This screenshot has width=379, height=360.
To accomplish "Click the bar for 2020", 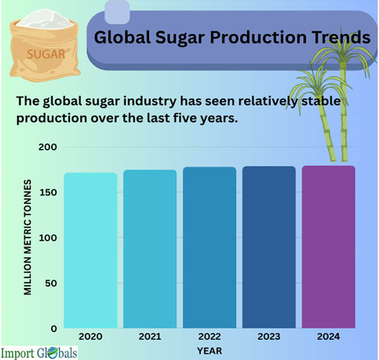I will click(x=90, y=249).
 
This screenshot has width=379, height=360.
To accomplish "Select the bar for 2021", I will click(x=150, y=248).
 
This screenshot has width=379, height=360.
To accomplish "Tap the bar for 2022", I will click(x=210, y=247).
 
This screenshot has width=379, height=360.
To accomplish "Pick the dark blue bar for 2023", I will click(x=269, y=246).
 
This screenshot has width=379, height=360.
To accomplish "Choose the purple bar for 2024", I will click(x=328, y=246).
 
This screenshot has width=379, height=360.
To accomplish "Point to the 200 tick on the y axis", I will click(x=49, y=147).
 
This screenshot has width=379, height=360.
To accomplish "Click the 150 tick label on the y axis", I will click(x=49, y=193).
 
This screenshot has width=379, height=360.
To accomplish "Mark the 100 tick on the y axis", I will click(x=49, y=238).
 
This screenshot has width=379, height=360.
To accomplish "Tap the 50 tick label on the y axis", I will click(x=51, y=283).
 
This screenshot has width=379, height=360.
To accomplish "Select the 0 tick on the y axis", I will click(x=54, y=328).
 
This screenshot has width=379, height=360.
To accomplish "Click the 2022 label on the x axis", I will click(x=210, y=337).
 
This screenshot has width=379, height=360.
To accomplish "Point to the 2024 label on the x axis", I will click(x=328, y=337).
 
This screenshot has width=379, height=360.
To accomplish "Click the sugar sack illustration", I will click(x=44, y=44).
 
